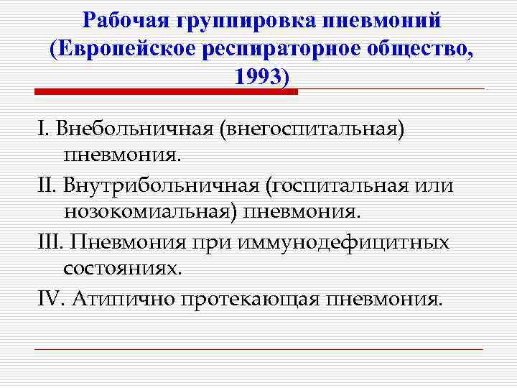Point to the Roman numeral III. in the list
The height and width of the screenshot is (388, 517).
(51, 242)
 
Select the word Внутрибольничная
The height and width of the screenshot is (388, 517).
(162, 185)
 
